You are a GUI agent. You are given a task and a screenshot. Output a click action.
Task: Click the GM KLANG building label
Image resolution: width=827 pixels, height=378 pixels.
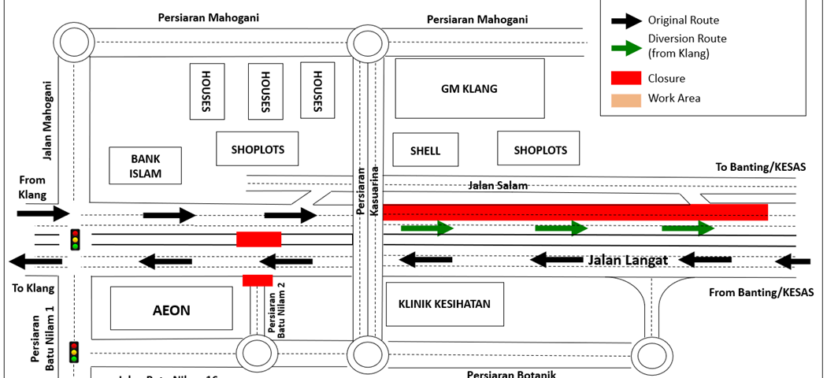click(x=469, y=89)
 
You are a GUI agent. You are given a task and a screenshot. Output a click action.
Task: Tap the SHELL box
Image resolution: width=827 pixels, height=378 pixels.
click(x=425, y=150)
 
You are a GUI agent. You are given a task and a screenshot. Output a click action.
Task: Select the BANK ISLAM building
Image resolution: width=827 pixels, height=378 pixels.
click(x=146, y=165)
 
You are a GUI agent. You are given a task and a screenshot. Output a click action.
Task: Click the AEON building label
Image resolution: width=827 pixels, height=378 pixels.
click(x=171, y=309)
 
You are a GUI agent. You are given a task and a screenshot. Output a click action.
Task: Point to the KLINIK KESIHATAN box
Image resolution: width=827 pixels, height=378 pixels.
click(x=444, y=304)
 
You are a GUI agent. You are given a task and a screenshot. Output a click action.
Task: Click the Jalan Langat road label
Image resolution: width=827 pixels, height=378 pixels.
click(x=628, y=260)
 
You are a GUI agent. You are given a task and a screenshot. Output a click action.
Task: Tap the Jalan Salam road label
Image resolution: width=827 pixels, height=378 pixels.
click(x=498, y=186)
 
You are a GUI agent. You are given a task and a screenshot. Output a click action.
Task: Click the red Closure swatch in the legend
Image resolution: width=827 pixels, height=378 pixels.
click(x=625, y=78)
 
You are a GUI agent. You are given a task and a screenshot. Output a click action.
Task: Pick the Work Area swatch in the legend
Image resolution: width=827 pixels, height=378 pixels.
click(x=625, y=99)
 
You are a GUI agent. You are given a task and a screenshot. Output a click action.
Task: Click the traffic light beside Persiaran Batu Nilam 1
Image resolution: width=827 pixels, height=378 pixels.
click(x=75, y=351)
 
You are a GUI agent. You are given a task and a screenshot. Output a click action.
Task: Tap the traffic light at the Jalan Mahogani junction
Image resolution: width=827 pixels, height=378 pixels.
click(x=76, y=239)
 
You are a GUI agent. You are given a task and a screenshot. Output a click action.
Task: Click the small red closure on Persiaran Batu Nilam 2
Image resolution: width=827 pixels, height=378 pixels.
click(x=258, y=280)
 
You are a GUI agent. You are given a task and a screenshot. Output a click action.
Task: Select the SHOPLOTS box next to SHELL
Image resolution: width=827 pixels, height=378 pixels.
click(x=540, y=150)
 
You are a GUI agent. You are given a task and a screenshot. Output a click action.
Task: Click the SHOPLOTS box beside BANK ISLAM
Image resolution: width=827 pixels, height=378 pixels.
click(x=258, y=149)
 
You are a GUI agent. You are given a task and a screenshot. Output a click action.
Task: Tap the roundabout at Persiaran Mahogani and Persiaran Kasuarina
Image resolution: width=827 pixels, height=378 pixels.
click(x=369, y=43)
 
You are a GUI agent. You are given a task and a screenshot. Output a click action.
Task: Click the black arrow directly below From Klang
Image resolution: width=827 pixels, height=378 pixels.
click(x=43, y=213)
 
